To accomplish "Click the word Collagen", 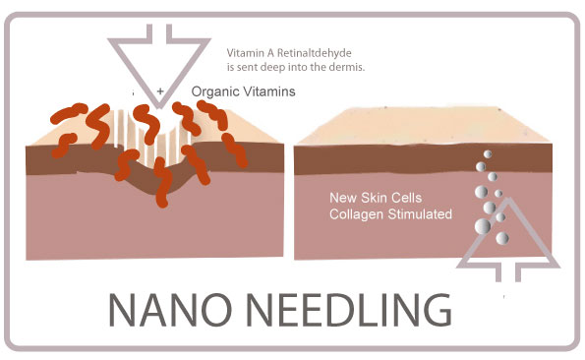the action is [x=356, y=212].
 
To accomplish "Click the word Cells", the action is [x=413, y=197].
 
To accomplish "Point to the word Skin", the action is [x=377, y=197].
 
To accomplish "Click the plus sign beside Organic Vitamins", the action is [x=160, y=90].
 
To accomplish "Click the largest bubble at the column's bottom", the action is [x=484, y=227].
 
